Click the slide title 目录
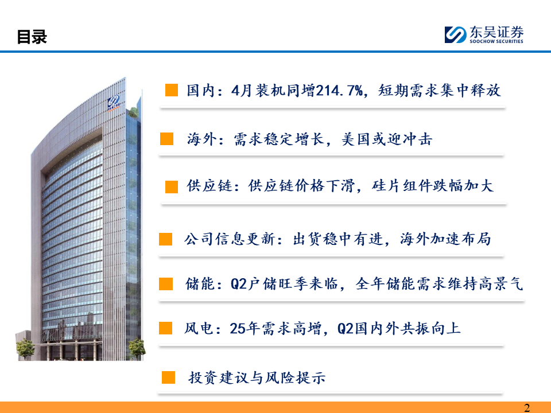(x=32, y=37)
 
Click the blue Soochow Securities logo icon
(x=455, y=35)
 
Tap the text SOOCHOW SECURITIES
(x=496, y=41)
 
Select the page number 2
(x=527, y=408)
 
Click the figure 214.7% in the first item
(x=339, y=91)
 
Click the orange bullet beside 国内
(x=172, y=90)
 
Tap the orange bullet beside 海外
(x=166, y=139)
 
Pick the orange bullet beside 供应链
(x=172, y=187)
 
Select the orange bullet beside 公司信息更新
(x=165, y=239)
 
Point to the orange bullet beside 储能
(x=166, y=284)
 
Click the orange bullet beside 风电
(x=165, y=328)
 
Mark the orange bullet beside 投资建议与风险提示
(x=168, y=377)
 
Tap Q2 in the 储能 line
(x=239, y=284)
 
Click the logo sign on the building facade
(x=114, y=103)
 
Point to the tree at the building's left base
(x=25, y=348)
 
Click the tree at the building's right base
(x=137, y=348)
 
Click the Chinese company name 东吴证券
(x=496, y=32)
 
